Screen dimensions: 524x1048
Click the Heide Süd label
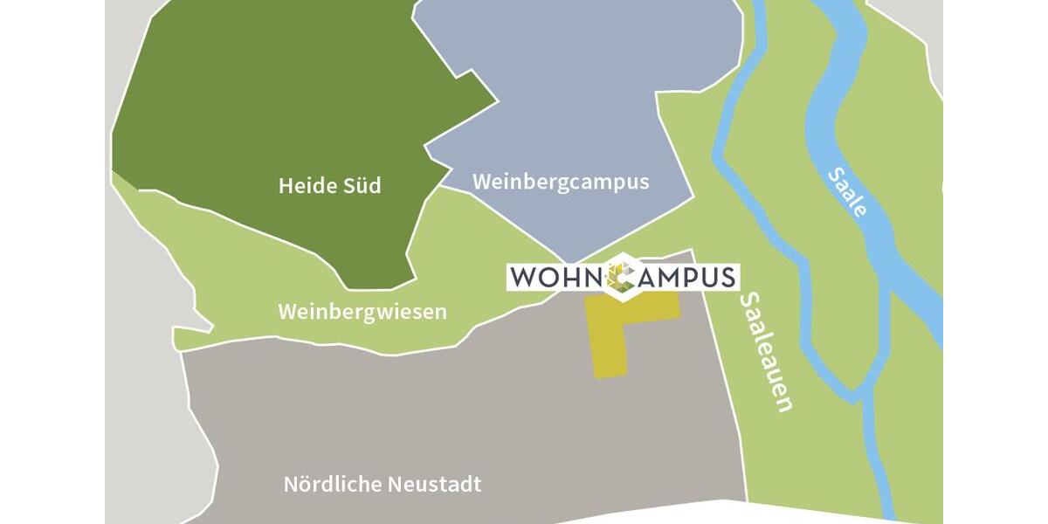[329, 186]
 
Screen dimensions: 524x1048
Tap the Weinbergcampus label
[561, 182]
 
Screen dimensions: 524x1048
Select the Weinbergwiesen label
[362, 312]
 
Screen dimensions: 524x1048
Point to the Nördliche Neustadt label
[383, 484]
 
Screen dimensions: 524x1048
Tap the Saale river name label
[846, 192]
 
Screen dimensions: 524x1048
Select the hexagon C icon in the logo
[622, 276]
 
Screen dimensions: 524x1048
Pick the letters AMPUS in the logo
[686, 278]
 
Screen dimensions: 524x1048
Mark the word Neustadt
[441, 484]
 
